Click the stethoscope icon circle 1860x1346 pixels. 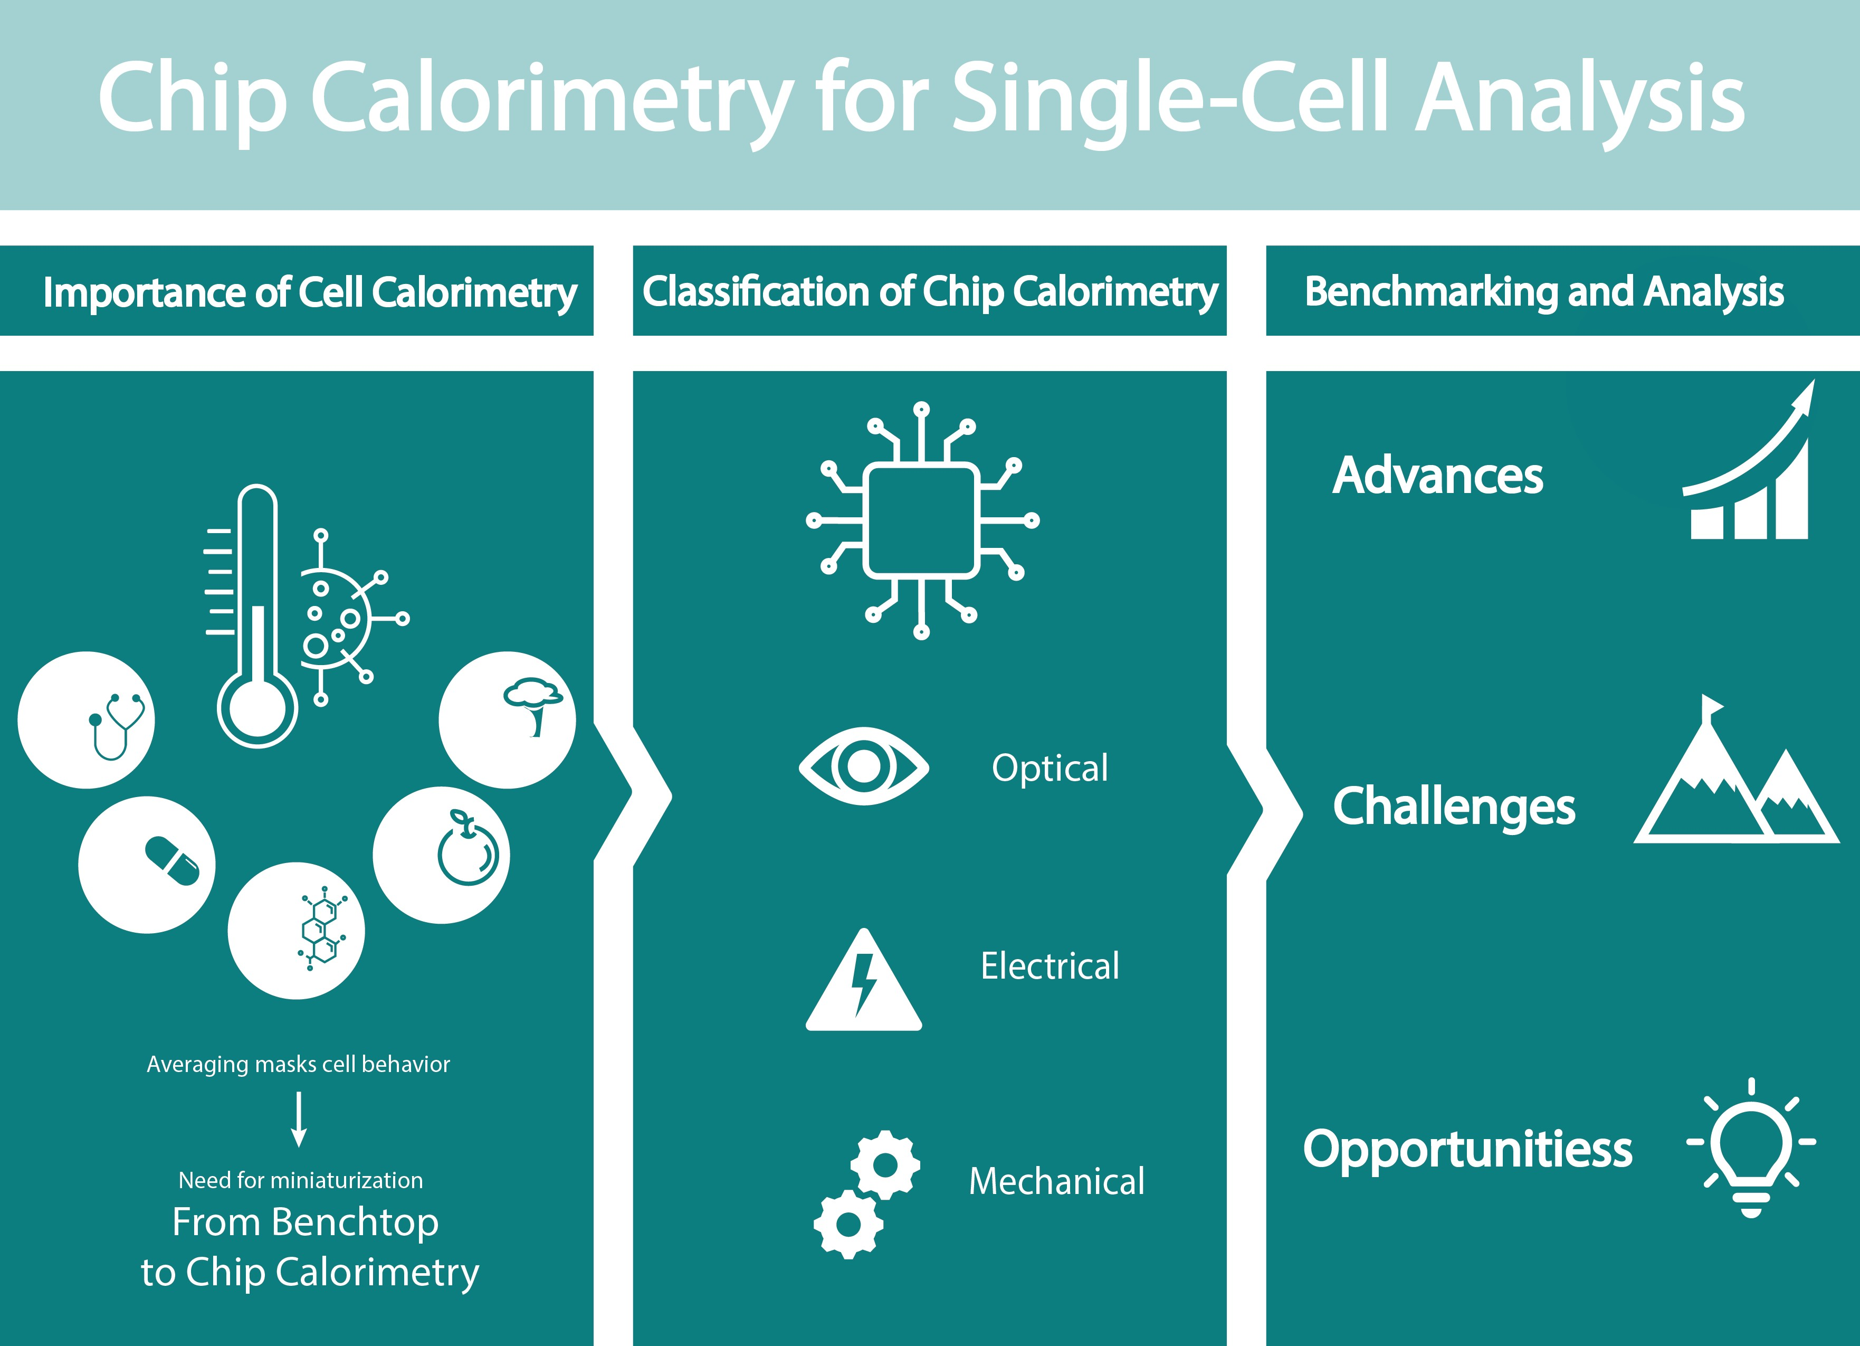[x=86, y=720]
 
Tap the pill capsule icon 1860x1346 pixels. [x=172, y=861]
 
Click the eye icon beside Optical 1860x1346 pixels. [x=864, y=765]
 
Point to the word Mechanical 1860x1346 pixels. [x=1056, y=1181]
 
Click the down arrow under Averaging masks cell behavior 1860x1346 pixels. [x=299, y=1119]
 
